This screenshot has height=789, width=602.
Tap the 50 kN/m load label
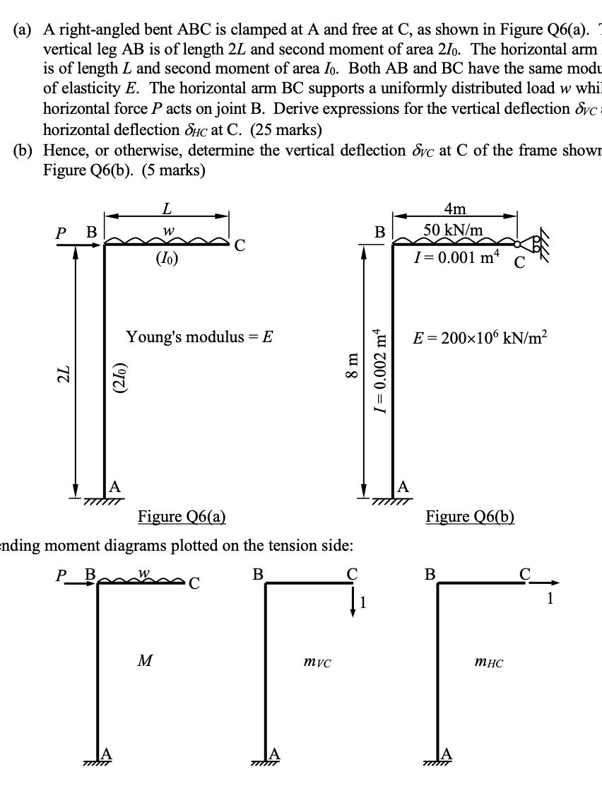[x=453, y=230]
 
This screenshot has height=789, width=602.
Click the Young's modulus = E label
[x=199, y=337]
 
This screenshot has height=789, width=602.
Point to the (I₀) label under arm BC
[x=167, y=259]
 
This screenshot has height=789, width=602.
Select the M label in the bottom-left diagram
[x=145, y=661]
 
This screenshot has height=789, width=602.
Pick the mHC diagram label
[x=490, y=662]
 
